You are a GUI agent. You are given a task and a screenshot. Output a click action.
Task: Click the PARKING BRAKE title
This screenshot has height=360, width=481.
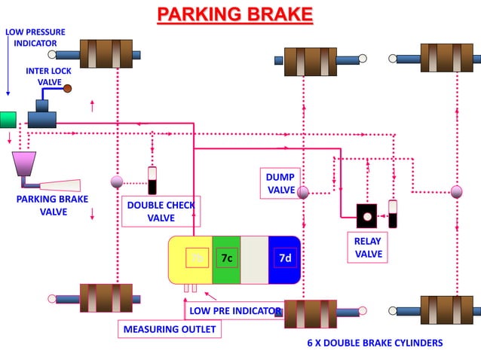[x=234, y=14]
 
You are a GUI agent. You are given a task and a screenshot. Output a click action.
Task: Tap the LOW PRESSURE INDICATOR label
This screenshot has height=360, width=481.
[x=35, y=38]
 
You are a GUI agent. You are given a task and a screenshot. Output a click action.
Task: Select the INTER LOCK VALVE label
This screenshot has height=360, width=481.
[x=49, y=76]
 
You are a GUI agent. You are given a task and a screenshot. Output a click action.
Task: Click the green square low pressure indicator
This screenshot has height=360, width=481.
[x=8, y=120]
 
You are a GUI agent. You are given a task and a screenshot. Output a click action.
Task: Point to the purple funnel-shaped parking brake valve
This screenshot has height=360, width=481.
[x=24, y=165]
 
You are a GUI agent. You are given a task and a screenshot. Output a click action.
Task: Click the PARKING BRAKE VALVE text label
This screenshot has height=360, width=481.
[x=52, y=206]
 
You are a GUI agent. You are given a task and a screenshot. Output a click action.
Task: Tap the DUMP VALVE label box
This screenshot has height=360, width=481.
[x=280, y=183]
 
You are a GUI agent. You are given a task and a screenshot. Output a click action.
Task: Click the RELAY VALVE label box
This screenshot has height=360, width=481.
[x=369, y=248]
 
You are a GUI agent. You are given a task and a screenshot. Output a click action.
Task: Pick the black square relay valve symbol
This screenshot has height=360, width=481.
[x=366, y=216]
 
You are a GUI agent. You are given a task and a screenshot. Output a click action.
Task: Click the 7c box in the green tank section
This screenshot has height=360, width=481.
[x=227, y=258]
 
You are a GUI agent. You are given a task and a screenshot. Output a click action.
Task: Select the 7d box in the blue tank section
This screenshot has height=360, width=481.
[x=284, y=258]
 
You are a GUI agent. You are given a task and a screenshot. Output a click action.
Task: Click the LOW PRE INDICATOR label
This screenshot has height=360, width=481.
[x=234, y=310]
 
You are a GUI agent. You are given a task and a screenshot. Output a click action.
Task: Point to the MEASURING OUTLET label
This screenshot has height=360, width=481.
[x=170, y=329]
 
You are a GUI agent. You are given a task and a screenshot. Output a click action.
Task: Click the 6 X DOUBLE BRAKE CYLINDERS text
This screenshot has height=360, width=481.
[x=375, y=343]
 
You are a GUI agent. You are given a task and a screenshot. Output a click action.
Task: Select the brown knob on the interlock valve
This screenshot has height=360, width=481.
[x=67, y=89]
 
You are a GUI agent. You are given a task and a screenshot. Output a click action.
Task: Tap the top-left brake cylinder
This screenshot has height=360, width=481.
[x=106, y=53]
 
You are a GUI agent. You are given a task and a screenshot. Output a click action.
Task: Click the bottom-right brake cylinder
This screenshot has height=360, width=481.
[x=446, y=310]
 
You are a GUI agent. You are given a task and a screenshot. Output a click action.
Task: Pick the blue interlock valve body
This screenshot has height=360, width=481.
[x=42, y=117]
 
